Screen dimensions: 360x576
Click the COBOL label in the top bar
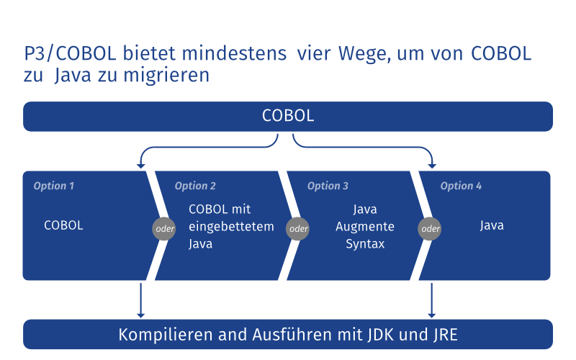[288, 117]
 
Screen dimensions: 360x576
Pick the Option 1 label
[54, 186]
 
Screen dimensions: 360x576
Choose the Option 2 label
[195, 186]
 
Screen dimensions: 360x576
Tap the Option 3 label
[328, 186]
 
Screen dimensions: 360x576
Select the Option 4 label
[461, 186]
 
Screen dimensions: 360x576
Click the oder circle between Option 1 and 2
[164, 229]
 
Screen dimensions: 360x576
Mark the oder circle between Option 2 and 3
[297, 229]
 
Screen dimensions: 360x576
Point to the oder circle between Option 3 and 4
[431, 229]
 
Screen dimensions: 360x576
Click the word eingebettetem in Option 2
[231, 227]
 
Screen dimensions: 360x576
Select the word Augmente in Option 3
[365, 227]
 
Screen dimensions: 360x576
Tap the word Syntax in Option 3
[365, 244]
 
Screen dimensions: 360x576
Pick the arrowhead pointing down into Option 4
[432, 166]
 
